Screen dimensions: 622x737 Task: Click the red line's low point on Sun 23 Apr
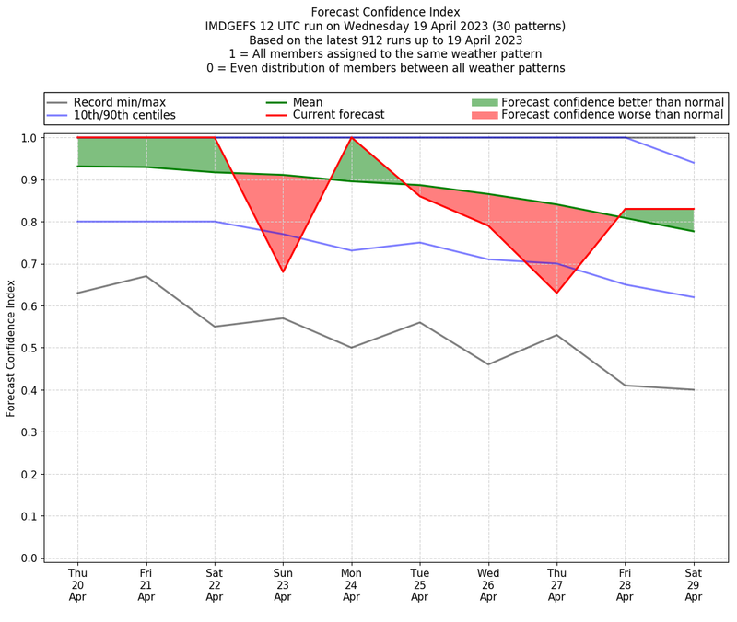click(283, 271)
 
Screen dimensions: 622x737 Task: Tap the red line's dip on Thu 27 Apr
click(556, 293)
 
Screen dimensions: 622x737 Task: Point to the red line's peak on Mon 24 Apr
click(351, 138)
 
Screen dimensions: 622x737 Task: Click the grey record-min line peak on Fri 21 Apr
click(146, 276)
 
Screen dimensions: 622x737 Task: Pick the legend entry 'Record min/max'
click(119, 102)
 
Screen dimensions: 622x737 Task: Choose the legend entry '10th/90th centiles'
click(124, 115)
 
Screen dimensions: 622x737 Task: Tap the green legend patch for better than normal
click(485, 102)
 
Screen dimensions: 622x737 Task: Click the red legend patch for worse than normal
click(485, 115)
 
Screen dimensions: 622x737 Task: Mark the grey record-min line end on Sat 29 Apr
click(693, 389)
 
